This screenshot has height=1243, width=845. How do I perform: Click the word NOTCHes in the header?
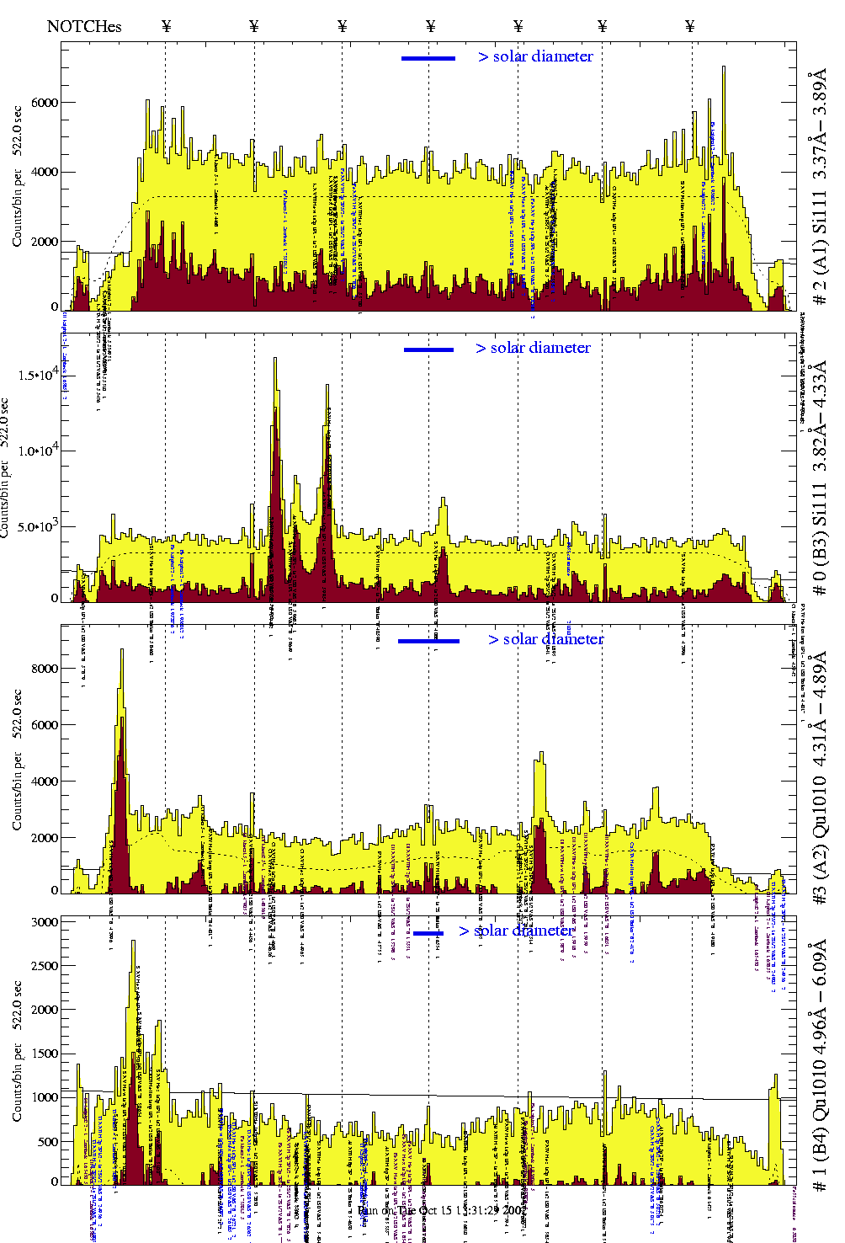point(84,26)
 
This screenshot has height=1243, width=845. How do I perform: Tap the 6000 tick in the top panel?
point(45,103)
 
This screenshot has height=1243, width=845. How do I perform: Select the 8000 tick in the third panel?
point(45,669)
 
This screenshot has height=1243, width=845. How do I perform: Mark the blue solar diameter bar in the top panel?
point(428,58)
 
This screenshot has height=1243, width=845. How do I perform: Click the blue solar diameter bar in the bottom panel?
point(428,933)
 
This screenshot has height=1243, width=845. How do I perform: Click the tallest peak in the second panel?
point(275,360)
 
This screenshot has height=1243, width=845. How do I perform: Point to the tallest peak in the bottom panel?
point(133,942)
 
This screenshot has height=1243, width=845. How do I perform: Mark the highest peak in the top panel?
point(723,68)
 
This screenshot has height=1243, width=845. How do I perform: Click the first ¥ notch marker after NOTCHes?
point(166,26)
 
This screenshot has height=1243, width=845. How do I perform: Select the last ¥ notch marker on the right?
point(690,26)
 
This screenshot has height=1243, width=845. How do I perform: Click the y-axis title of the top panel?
point(18,177)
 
